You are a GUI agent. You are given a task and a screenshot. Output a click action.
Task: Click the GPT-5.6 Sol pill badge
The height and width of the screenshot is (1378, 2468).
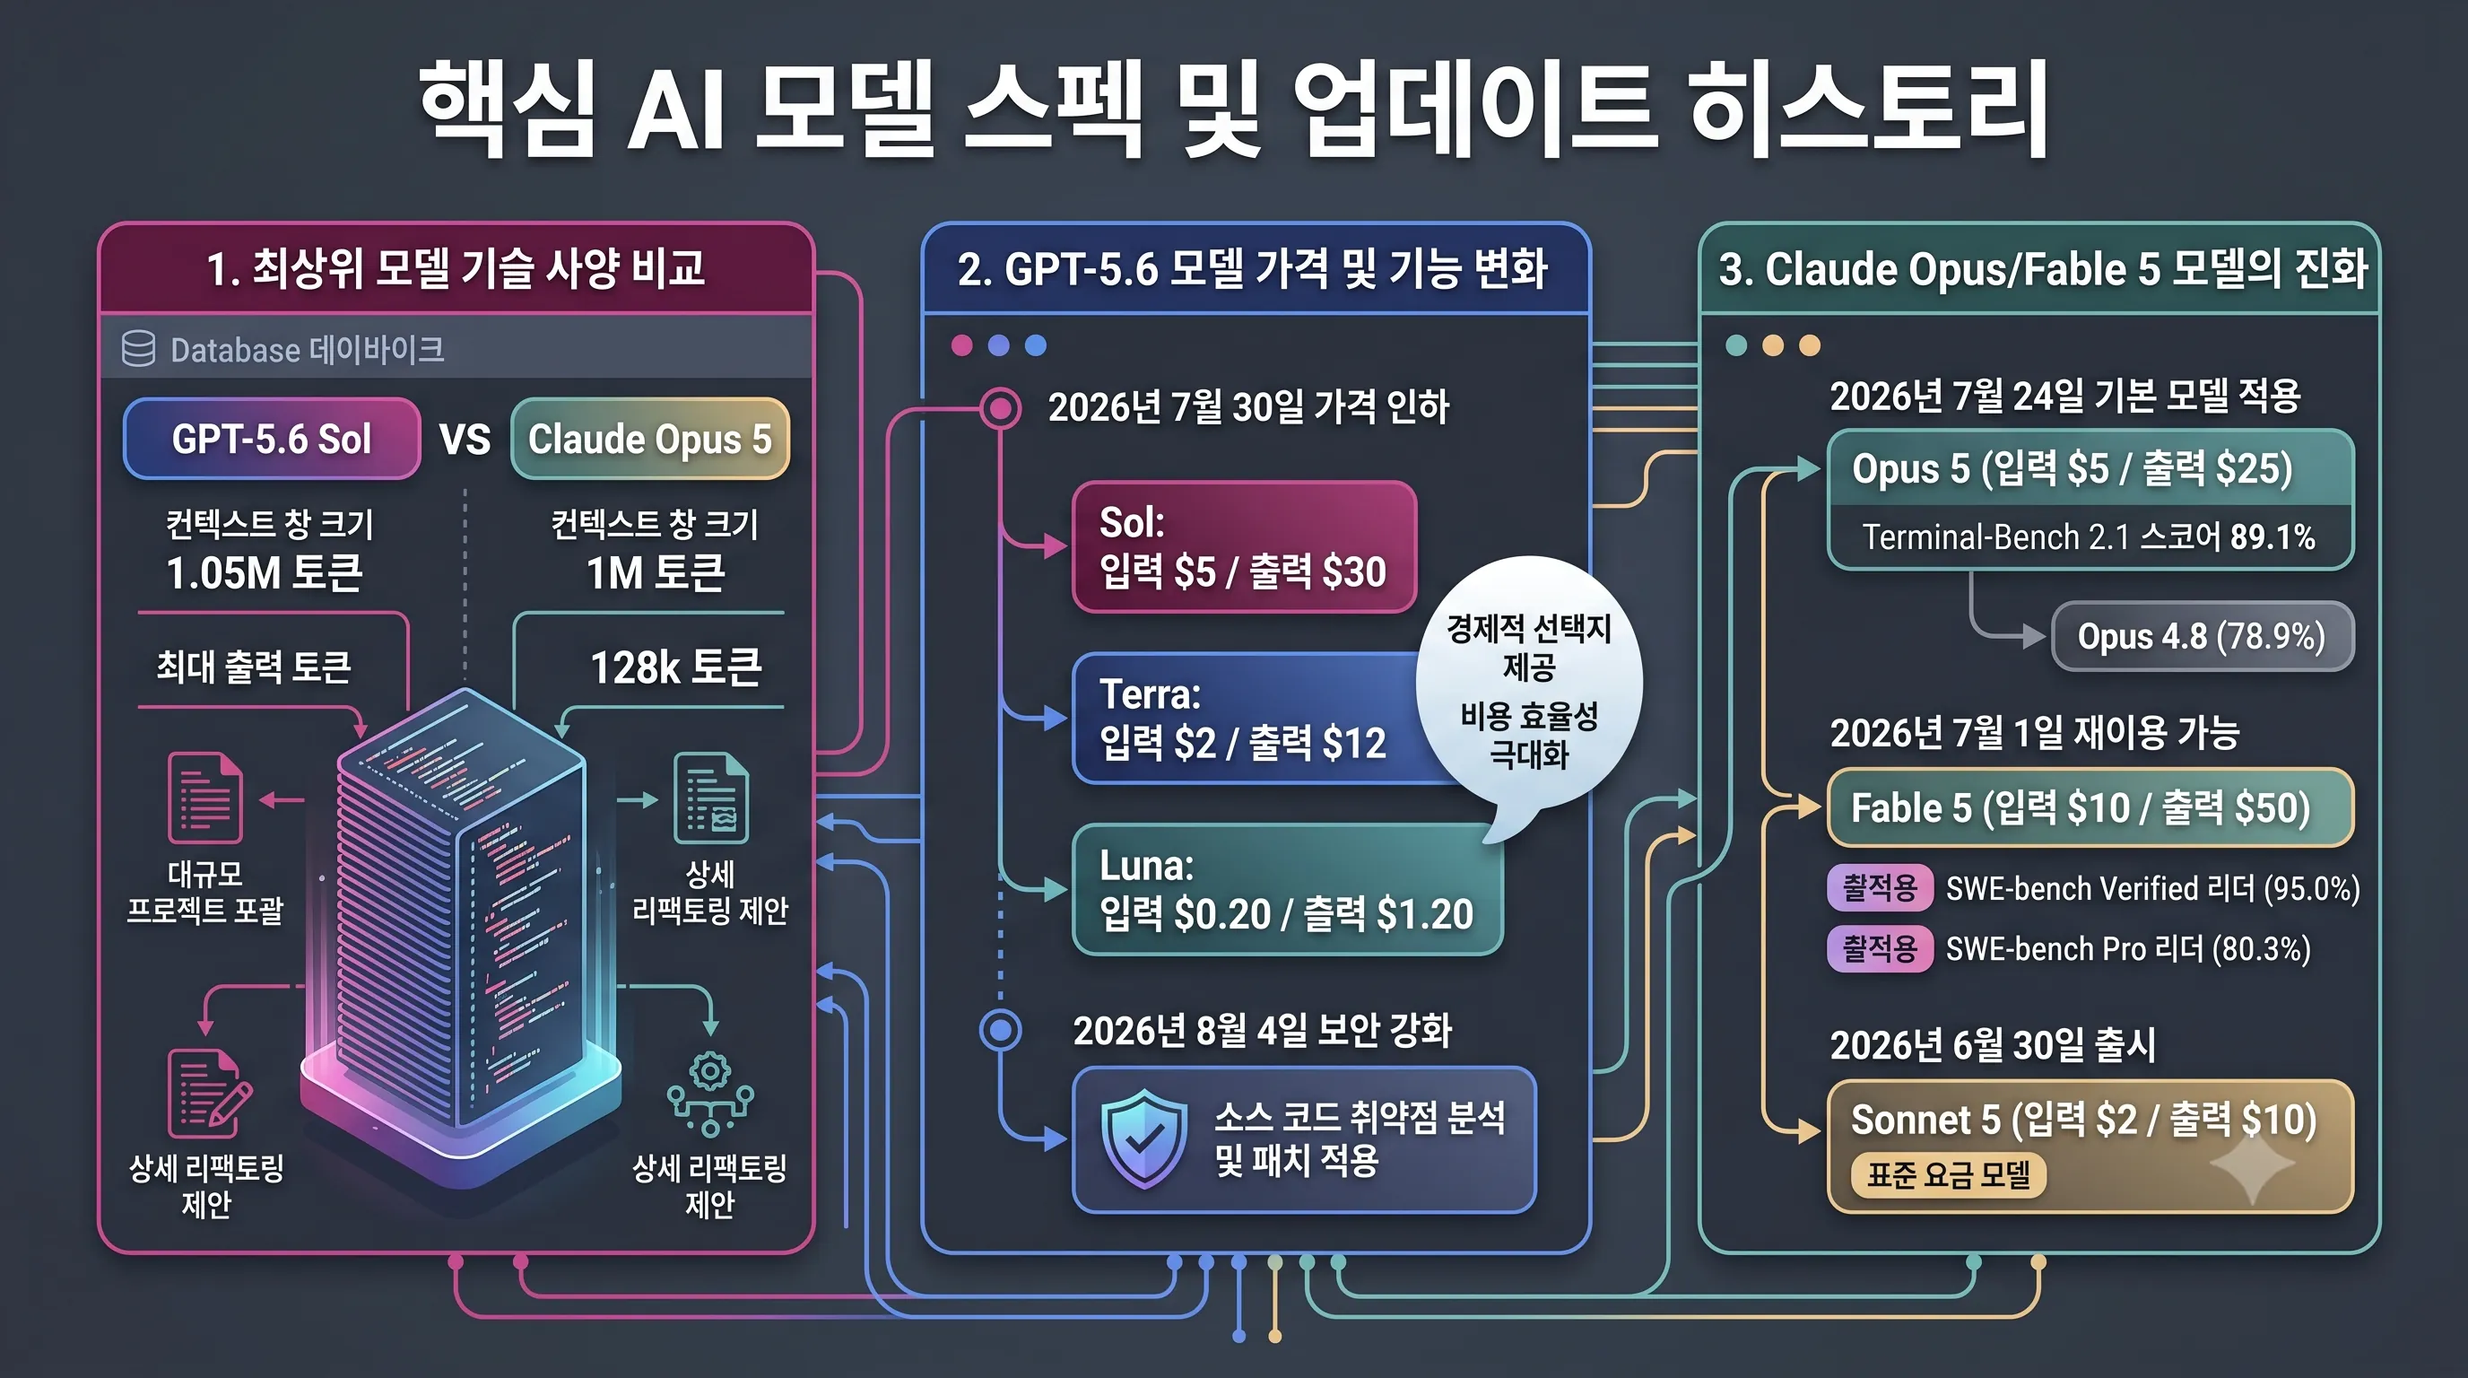click(x=272, y=439)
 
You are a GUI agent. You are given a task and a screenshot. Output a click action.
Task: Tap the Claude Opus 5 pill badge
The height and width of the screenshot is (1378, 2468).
click(x=649, y=439)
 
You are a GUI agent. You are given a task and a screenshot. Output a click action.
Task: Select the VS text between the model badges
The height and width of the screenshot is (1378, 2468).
click(x=465, y=440)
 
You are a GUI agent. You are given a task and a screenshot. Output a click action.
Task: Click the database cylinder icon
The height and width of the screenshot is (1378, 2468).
click(x=138, y=349)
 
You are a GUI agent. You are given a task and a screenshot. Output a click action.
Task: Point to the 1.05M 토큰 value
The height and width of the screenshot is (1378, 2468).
click(x=265, y=573)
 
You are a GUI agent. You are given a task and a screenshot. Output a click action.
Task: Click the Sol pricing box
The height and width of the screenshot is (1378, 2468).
click(x=1244, y=547)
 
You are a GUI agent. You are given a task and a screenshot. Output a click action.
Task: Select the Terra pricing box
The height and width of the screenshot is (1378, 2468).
click(x=1256, y=719)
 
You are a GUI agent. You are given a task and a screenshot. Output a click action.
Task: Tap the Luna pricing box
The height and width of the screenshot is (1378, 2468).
click(x=1287, y=890)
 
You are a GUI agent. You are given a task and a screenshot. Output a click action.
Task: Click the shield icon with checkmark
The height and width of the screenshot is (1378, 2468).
click(x=1144, y=1138)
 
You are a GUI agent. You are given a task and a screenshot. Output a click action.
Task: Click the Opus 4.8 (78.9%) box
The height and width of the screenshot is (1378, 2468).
click(x=2202, y=636)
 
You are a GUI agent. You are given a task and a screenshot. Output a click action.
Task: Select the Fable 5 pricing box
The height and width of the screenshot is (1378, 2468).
click(x=2090, y=807)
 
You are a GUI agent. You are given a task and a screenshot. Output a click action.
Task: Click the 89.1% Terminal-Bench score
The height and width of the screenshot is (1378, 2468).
click(x=2272, y=537)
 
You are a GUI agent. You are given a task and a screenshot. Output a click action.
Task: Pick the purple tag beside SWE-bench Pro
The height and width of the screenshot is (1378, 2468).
click(x=1880, y=948)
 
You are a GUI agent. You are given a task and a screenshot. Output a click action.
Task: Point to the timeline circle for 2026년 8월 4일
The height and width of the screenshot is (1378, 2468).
click(x=1000, y=1030)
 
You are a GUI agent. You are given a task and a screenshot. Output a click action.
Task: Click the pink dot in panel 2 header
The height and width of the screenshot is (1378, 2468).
click(x=962, y=346)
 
